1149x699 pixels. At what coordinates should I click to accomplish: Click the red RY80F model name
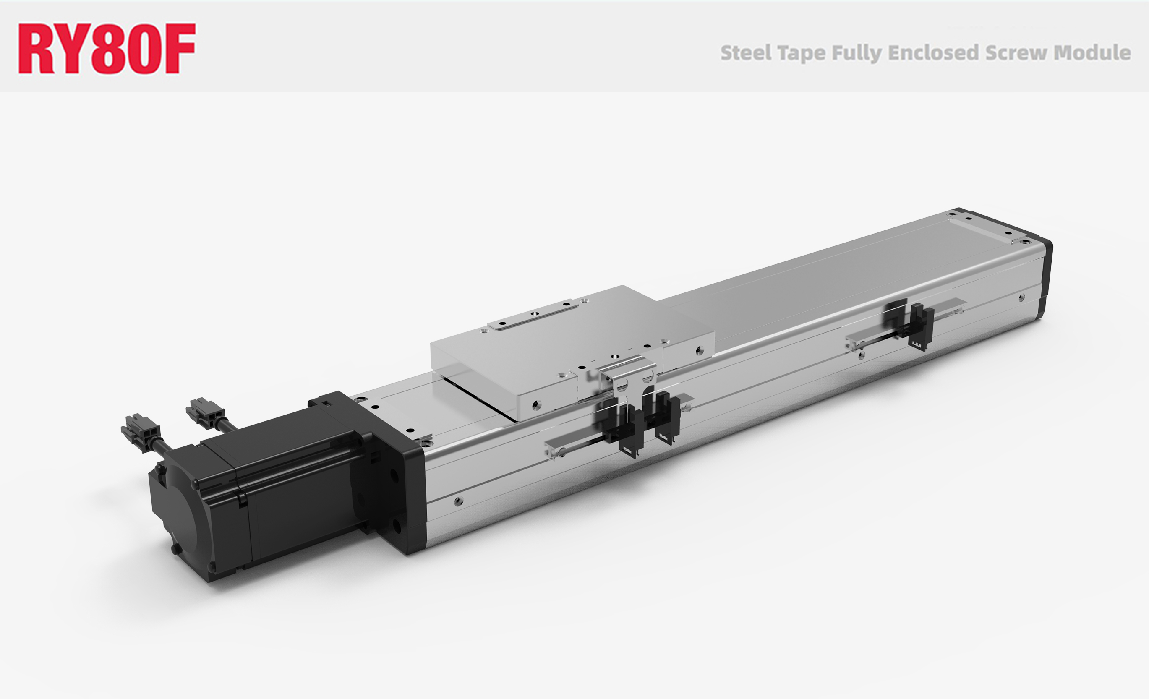click(x=106, y=49)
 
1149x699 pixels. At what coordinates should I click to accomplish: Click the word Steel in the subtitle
click(x=746, y=53)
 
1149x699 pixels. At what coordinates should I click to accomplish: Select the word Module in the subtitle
click(x=1092, y=53)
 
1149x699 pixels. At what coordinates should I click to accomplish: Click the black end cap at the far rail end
click(x=1043, y=275)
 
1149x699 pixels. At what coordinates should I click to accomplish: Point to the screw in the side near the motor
click(x=458, y=501)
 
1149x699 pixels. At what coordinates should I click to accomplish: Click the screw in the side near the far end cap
click(x=1021, y=297)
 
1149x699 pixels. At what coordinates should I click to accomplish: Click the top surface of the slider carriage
click(x=559, y=345)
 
